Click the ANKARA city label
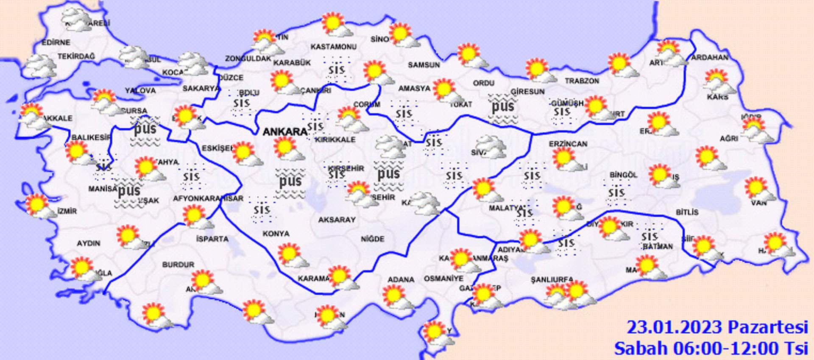point(284,132)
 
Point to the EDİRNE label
point(56,42)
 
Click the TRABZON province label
point(582,81)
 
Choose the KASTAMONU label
point(333,47)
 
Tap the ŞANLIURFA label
point(552,280)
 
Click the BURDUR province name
point(178,265)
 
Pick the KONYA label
point(276,234)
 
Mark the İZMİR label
point(67,211)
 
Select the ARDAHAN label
point(710,57)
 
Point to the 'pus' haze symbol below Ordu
point(503,107)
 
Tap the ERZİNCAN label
point(568,144)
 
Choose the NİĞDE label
point(373,239)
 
